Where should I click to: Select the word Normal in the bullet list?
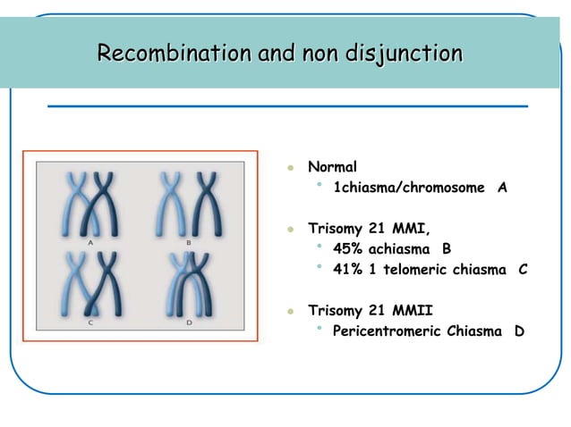coord(332,167)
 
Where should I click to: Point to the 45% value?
coord(346,248)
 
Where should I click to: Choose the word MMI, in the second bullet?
coord(411,228)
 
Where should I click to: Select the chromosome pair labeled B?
coord(188,202)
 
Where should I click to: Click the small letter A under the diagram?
coord(91,242)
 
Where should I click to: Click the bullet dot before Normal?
coord(290,168)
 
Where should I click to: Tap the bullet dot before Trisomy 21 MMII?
coord(290,312)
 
